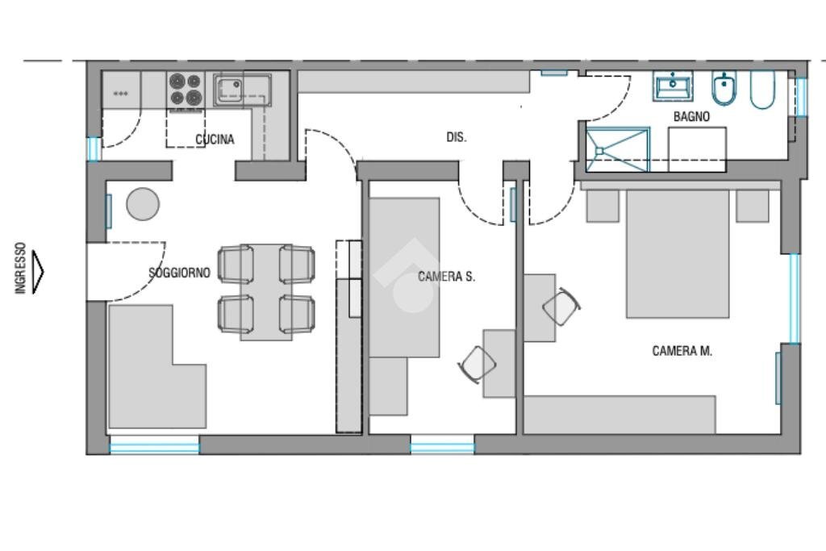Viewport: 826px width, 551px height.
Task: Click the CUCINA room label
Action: (215, 140)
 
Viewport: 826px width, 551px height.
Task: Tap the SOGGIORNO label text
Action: (179, 273)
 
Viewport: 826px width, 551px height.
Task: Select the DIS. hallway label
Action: (457, 137)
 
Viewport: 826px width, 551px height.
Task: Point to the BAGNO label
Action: (691, 116)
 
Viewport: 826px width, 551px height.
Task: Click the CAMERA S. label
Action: (446, 276)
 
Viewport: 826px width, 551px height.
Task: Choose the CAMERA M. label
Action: (682, 351)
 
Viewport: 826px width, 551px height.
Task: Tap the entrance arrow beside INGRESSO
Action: (37, 271)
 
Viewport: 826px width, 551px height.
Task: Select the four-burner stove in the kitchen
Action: (186, 90)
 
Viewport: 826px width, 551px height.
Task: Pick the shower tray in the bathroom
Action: (618, 149)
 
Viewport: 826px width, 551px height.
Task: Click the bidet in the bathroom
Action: (724, 88)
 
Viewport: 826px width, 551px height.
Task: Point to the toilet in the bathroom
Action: (762, 90)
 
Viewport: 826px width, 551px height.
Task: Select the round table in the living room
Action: (143, 204)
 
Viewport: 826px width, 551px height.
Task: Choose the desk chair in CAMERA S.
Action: (478, 364)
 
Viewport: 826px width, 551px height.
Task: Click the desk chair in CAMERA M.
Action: (561, 307)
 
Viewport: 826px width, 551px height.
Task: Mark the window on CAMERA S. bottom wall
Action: (442, 445)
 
